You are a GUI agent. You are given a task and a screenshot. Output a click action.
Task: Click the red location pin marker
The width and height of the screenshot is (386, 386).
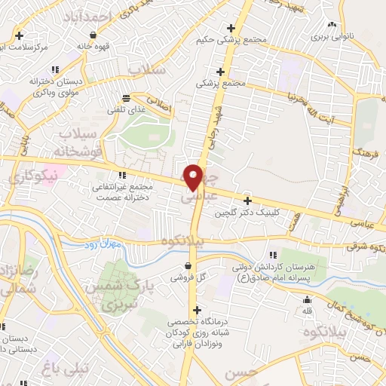195,176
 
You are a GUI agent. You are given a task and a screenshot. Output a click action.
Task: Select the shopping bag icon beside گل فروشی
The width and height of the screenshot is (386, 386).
187,265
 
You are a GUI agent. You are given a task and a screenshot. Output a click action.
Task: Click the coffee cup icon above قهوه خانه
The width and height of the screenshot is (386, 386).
93,35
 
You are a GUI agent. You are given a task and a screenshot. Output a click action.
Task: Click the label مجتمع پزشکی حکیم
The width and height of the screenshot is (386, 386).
224,40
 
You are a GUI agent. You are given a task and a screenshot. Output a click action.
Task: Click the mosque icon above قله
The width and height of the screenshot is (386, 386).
306,300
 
